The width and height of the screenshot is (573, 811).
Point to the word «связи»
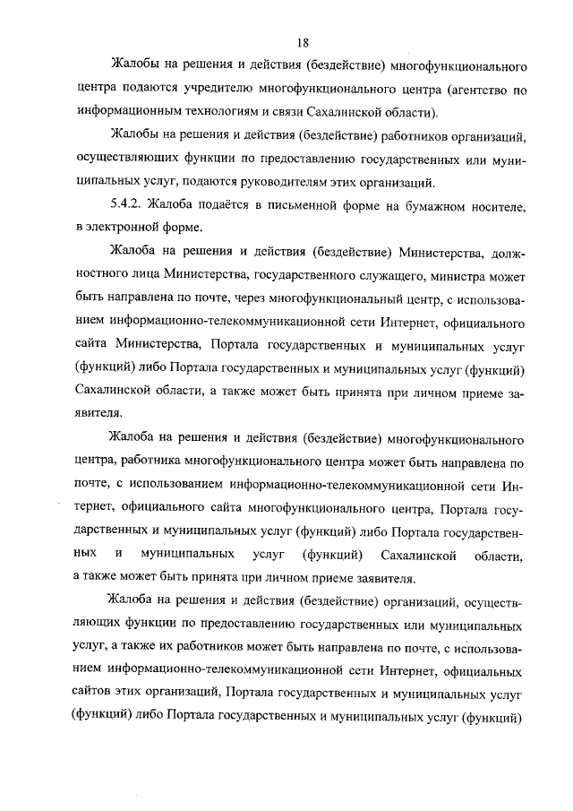tap(289, 113)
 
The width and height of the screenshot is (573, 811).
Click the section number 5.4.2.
tap(128, 206)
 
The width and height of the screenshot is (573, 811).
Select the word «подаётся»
tap(224, 206)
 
